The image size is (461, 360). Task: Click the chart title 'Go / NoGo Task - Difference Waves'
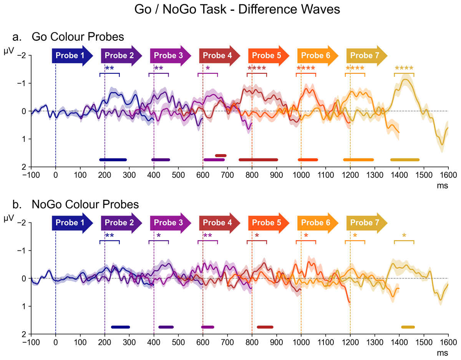pyautogui.click(x=237, y=10)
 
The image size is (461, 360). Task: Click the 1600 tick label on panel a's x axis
pyautogui.click(x=448, y=174)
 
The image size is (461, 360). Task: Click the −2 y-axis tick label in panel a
pyautogui.click(x=24, y=55)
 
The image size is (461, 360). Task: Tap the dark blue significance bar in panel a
pyautogui.click(x=113, y=159)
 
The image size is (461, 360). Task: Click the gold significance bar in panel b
pyautogui.click(x=408, y=327)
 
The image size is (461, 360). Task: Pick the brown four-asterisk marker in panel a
pyautogui.click(x=257, y=69)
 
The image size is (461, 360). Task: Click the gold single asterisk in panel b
pyautogui.click(x=404, y=236)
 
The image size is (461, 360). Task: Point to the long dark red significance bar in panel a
pyautogui.click(x=258, y=159)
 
